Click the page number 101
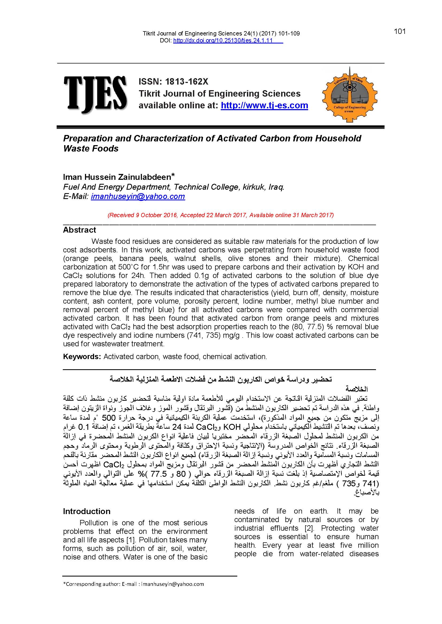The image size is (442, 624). coord(400,31)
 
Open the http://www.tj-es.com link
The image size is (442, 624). coord(264,105)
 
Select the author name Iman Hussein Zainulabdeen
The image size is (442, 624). coord(117,177)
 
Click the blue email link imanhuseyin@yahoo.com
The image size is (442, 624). coord(138,197)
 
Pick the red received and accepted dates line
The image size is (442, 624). coord(221,215)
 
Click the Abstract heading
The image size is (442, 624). coord(79,230)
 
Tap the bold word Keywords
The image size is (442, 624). coord(82,357)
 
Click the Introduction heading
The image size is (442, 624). coord(87,511)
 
